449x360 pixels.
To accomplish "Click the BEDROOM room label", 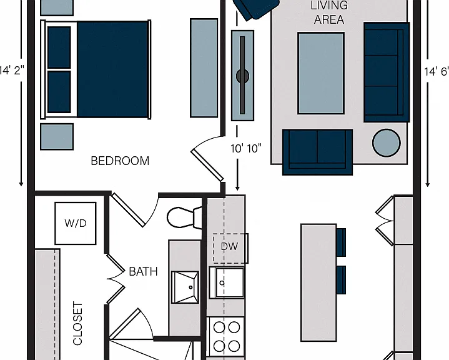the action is click(x=120, y=161).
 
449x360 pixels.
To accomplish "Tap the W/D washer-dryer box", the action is click(x=76, y=223).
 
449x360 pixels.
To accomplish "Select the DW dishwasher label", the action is click(x=229, y=246).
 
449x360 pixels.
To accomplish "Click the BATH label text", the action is click(x=143, y=271).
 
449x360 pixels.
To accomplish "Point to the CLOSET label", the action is click(x=77, y=323).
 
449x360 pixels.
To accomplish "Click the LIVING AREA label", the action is click(x=329, y=12).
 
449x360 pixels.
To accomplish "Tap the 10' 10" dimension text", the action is click(x=246, y=149).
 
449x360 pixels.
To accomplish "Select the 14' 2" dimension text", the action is click(x=12, y=70).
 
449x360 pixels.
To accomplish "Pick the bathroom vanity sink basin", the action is click(x=185, y=287).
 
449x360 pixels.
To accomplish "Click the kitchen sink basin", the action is click(x=227, y=282).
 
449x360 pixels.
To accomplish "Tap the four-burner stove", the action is click(x=225, y=337).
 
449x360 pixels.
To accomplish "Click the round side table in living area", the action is click(x=387, y=142).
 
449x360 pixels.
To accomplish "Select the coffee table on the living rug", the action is click(x=321, y=73).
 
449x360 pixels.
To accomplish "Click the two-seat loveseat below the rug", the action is click(x=317, y=152).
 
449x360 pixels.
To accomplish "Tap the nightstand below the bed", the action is click(x=57, y=137).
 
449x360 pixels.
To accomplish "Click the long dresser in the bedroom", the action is click(x=204, y=68).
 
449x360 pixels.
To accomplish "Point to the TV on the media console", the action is click(x=242, y=76).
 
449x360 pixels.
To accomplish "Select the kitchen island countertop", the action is click(x=318, y=282).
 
